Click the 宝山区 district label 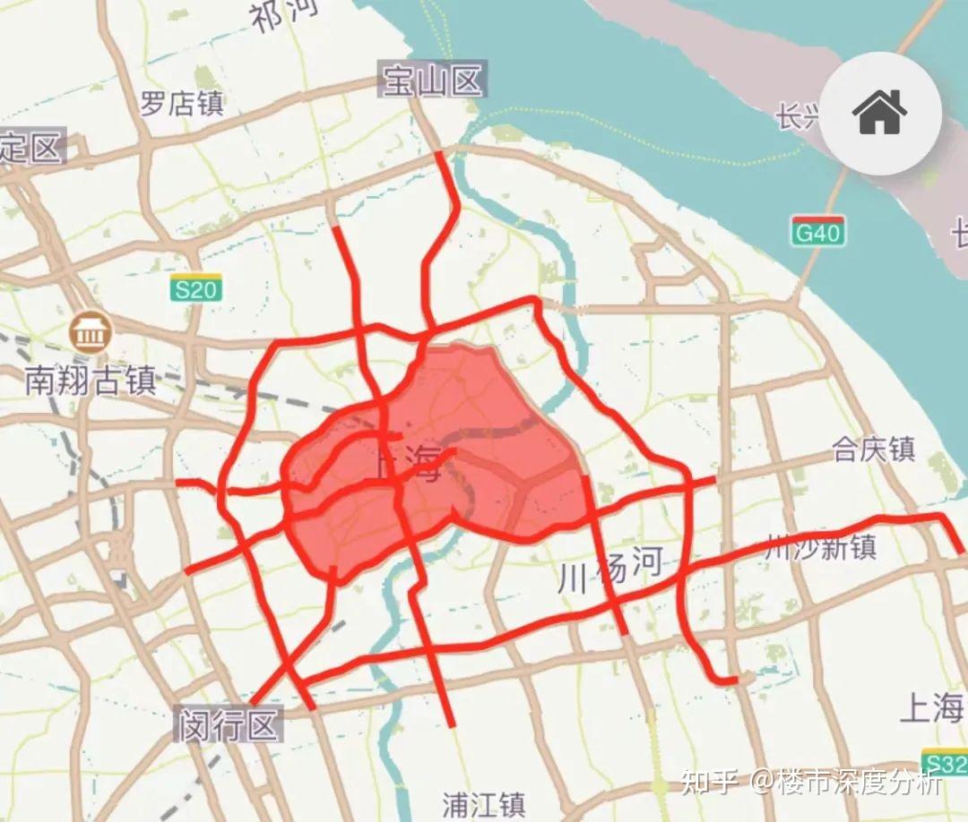click(x=432, y=81)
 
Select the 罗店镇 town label click(x=182, y=104)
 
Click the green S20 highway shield click(x=195, y=288)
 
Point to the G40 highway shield click(x=818, y=232)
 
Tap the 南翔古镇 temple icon click(x=89, y=332)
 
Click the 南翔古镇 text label click(x=91, y=381)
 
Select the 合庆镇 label click(x=873, y=448)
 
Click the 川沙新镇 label click(x=820, y=547)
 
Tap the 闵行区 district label click(x=229, y=724)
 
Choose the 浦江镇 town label click(x=484, y=803)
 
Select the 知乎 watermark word click(x=709, y=782)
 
